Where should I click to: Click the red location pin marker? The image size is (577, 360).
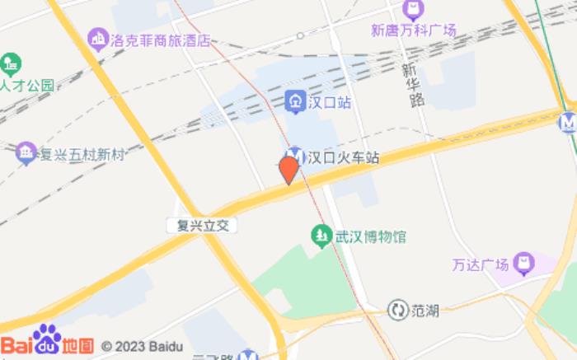click(288, 169)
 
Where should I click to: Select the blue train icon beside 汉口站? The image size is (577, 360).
click(294, 102)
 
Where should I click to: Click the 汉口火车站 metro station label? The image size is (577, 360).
click(344, 157)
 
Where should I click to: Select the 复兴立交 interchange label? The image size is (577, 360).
click(197, 224)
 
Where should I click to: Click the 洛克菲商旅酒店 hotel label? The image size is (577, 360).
click(161, 40)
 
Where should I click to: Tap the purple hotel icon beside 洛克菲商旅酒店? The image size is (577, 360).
click(99, 38)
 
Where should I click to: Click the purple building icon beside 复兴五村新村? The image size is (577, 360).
click(26, 152)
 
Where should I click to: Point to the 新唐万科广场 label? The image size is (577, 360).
click(413, 30)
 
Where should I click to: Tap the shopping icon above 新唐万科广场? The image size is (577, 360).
click(413, 11)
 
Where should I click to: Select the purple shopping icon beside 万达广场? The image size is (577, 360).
click(523, 264)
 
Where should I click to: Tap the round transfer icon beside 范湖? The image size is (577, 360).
click(398, 311)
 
